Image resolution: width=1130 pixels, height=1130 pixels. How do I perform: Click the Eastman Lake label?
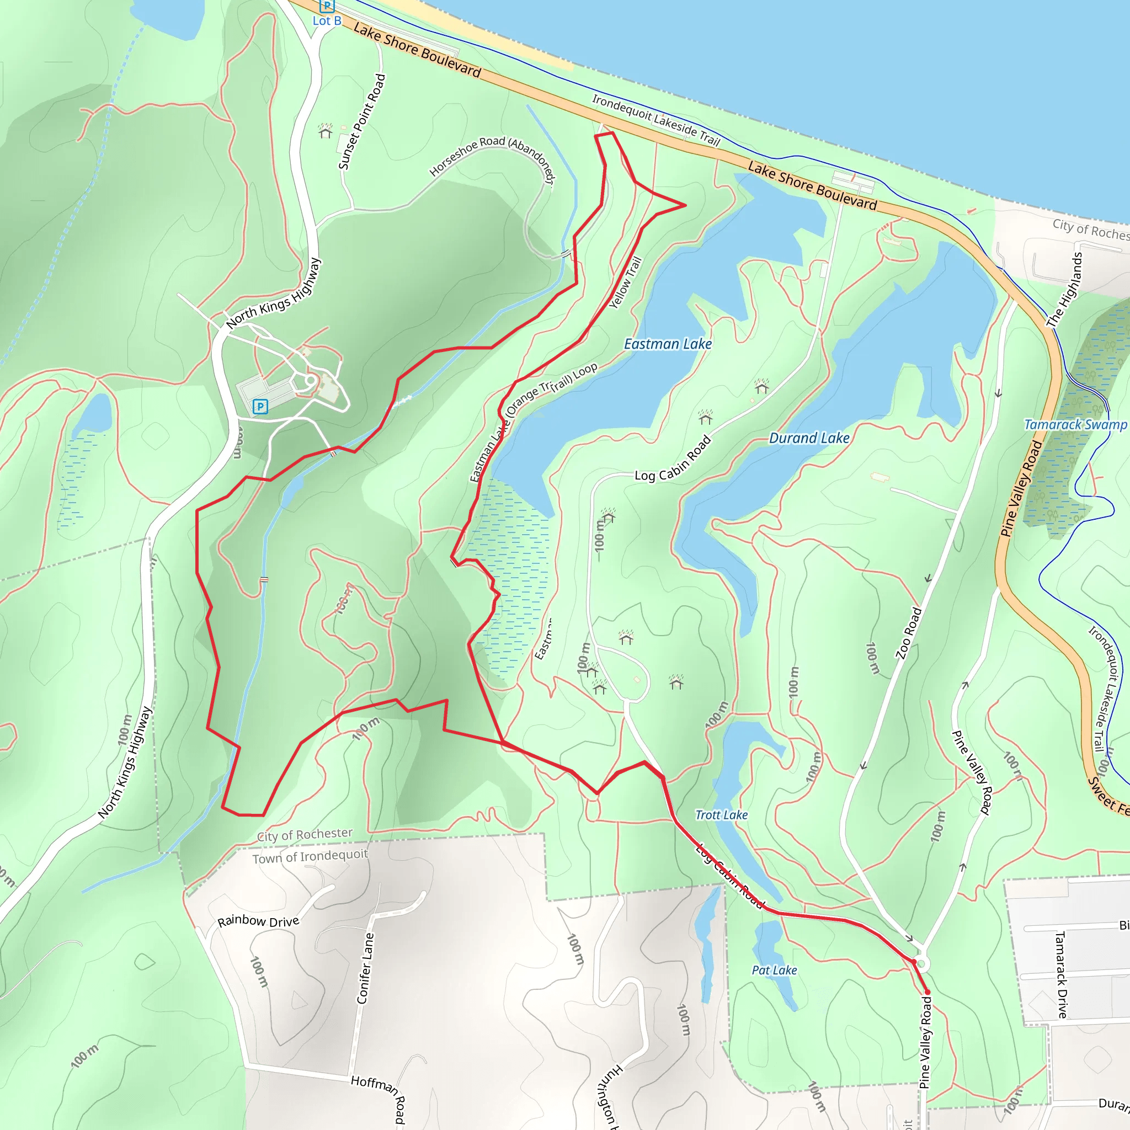click(668, 344)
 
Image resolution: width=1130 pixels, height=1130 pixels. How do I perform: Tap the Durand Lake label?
click(809, 438)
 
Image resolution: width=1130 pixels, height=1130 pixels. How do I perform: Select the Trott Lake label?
click(721, 815)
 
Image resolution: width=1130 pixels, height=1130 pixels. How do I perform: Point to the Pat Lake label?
click(774, 971)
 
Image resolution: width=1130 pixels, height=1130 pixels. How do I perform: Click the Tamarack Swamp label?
click(1075, 425)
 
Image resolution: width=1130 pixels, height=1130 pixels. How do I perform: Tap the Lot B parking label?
click(327, 21)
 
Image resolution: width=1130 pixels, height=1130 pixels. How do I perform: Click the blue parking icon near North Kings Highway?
click(260, 407)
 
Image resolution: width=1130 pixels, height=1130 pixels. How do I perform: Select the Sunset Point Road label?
click(362, 121)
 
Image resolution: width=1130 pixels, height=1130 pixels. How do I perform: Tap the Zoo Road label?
click(908, 633)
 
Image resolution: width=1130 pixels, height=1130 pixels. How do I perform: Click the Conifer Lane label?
click(365, 968)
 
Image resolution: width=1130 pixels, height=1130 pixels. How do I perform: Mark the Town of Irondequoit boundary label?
click(310, 857)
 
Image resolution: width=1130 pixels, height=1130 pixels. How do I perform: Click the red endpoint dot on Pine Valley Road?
click(927, 992)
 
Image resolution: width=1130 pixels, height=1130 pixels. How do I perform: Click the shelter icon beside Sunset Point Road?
click(325, 132)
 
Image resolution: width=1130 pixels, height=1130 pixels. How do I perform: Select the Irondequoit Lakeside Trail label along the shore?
click(655, 119)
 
